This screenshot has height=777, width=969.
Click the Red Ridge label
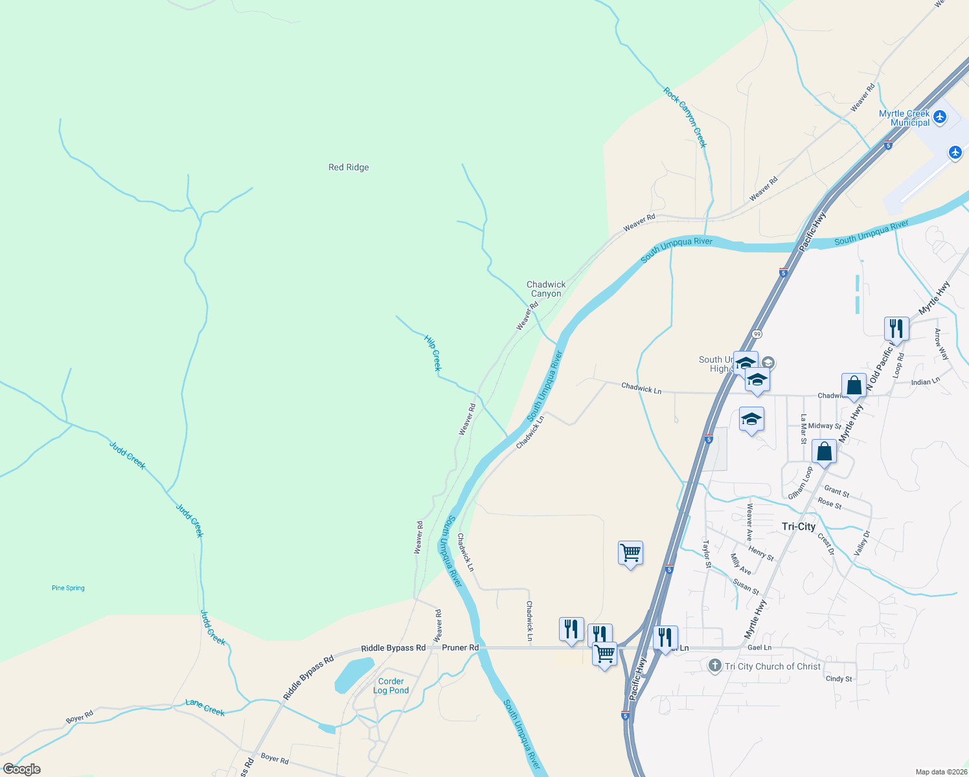click(x=348, y=167)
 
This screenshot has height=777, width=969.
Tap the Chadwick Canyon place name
click(x=546, y=289)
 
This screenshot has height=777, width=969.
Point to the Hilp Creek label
click(x=433, y=352)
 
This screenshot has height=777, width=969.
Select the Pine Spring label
click(x=68, y=588)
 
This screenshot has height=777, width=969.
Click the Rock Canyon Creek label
click(x=685, y=117)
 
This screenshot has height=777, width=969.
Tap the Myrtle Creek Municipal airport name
click(x=904, y=118)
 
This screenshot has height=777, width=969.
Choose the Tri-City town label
click(x=798, y=526)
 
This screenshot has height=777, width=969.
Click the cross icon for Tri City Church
click(x=714, y=666)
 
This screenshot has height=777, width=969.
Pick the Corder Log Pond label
click(x=391, y=686)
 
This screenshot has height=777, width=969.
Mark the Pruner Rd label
click(x=460, y=647)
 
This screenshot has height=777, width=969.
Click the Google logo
click(x=21, y=769)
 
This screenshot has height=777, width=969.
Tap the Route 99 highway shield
click(x=757, y=333)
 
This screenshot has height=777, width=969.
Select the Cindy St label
click(x=839, y=679)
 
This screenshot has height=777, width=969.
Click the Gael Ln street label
click(x=759, y=647)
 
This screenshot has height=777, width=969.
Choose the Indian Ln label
click(x=925, y=382)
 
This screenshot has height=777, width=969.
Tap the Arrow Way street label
click(x=941, y=344)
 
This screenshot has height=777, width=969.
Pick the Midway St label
click(x=824, y=426)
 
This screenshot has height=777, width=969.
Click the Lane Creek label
click(x=205, y=707)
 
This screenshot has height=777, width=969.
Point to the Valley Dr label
click(x=862, y=543)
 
